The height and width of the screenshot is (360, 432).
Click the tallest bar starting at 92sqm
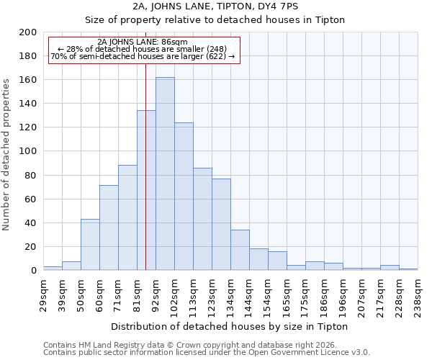pyautogui.click(x=165, y=174)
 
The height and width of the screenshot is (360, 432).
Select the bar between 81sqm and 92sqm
pyautogui.click(x=146, y=190)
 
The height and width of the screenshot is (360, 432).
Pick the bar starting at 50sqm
pyautogui.click(x=90, y=245)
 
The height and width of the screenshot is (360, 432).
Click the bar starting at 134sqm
pyautogui.click(x=240, y=250)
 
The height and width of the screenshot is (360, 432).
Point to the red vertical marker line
pyautogui.click(x=145, y=180)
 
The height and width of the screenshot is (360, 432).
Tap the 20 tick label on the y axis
pyautogui.click(x=30, y=247)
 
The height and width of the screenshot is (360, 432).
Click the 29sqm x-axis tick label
pyautogui.click(x=43, y=293)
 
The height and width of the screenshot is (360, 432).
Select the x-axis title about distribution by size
pyautogui.click(x=230, y=326)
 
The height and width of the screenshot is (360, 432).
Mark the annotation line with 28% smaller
pyautogui.click(x=143, y=49)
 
